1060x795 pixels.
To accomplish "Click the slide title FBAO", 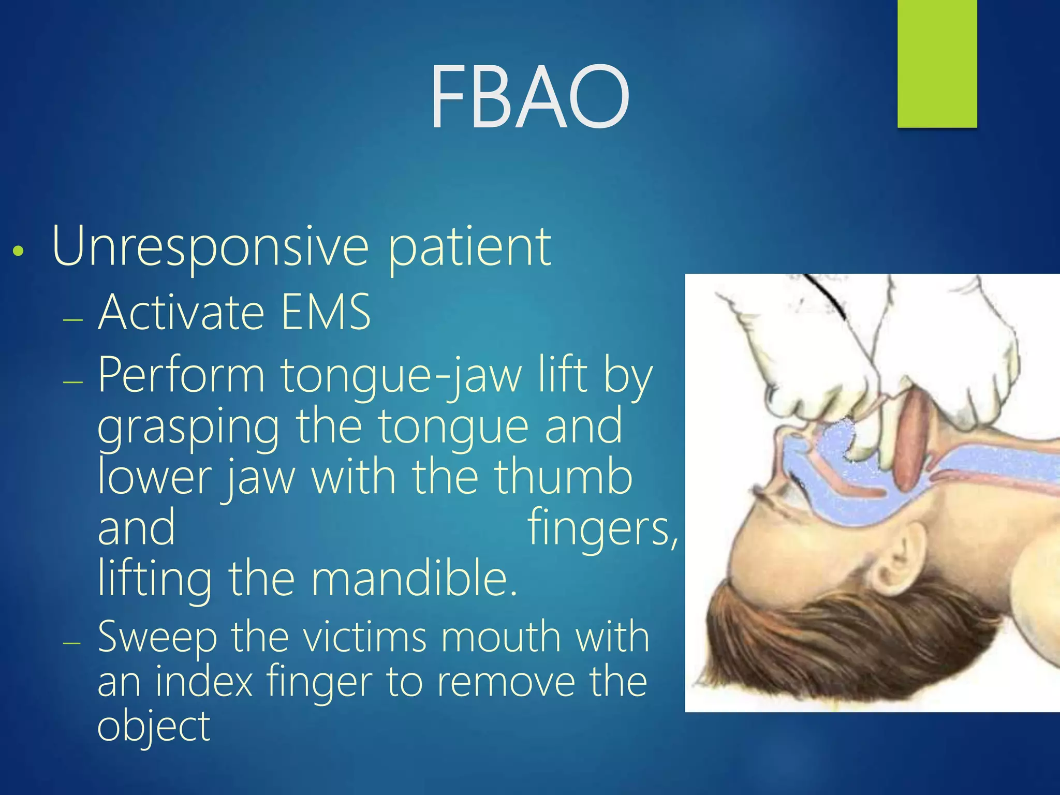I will [529, 97].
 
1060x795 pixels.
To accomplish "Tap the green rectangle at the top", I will [937, 63].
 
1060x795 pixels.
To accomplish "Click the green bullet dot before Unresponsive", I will [19, 252].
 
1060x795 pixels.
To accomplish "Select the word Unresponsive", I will [210, 247].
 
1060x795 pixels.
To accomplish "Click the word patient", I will [469, 247].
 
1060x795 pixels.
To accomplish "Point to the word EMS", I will [326, 312].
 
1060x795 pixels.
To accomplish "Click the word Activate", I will [181, 312].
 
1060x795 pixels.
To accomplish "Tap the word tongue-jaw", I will [402, 375].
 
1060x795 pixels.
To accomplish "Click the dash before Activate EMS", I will [72, 319].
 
